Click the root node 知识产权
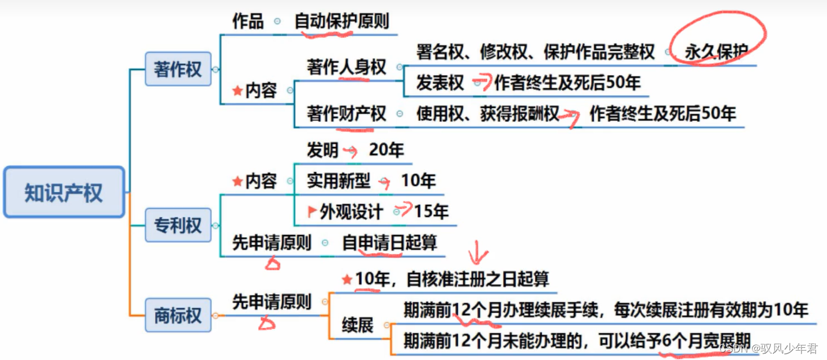(x=63, y=193)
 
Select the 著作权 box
(x=178, y=69)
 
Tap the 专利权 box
(x=178, y=225)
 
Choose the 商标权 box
(x=178, y=315)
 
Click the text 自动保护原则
(x=342, y=22)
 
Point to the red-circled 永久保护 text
(x=716, y=52)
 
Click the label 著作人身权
(x=346, y=67)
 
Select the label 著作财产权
(x=346, y=114)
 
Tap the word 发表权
(x=440, y=83)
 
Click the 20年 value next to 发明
(x=386, y=151)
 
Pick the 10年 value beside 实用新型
(x=418, y=181)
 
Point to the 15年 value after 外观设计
(x=431, y=212)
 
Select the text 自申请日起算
(x=390, y=243)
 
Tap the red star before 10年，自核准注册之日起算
(x=347, y=280)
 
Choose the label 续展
(x=358, y=325)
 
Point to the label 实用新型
(x=338, y=181)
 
